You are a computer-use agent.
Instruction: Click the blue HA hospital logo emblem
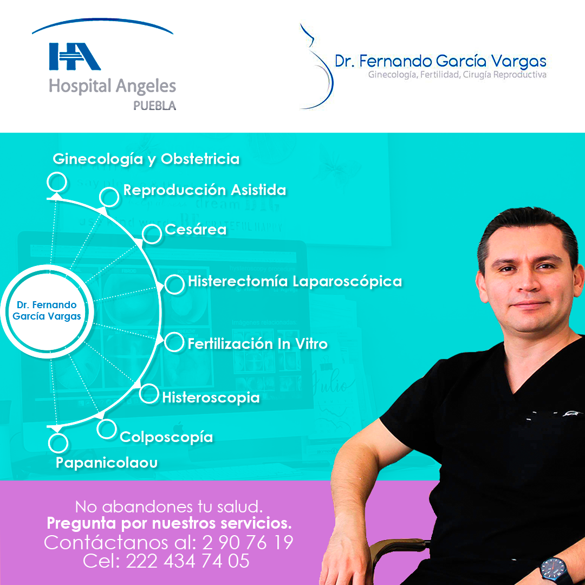tap(75, 56)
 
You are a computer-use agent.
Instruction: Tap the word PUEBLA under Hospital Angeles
tap(154, 106)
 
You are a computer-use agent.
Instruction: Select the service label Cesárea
tap(196, 230)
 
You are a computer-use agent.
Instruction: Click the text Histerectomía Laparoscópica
tap(295, 281)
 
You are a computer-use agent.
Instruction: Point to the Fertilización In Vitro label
tap(257, 343)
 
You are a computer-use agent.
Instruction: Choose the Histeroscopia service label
tap(211, 398)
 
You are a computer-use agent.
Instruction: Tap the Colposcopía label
tap(166, 437)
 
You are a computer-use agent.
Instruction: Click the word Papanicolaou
tap(107, 463)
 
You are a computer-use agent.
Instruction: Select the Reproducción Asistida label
tap(204, 190)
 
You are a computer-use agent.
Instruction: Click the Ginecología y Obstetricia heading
tap(146, 159)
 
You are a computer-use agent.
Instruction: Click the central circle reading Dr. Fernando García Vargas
tap(47, 311)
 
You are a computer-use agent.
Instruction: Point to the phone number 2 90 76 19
tap(248, 542)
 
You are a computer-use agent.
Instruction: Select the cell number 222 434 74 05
tap(187, 561)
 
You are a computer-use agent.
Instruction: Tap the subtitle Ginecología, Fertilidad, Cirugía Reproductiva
tap(457, 75)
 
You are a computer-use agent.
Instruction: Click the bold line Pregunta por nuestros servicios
tap(169, 523)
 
